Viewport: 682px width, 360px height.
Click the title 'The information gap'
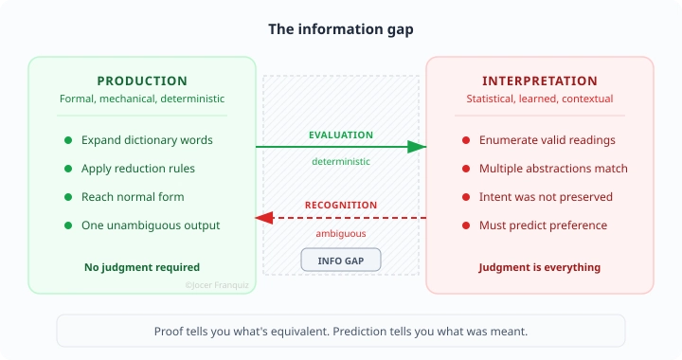click(340, 29)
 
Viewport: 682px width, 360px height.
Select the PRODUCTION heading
click(142, 81)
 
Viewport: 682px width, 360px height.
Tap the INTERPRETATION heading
click(540, 81)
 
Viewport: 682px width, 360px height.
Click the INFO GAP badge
click(340, 260)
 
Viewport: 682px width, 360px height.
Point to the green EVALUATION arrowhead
click(417, 147)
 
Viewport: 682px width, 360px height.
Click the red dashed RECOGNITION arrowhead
click(265, 218)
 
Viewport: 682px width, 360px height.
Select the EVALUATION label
click(341, 135)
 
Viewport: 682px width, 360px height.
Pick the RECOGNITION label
click(341, 206)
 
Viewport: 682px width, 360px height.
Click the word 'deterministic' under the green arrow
click(341, 161)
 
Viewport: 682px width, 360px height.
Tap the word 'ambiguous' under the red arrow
click(341, 233)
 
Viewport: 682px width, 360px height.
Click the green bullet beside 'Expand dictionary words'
click(68, 140)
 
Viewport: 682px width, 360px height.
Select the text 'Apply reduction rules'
click(138, 169)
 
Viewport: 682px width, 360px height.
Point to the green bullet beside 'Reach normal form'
click(68, 197)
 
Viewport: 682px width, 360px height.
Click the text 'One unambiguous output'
click(151, 225)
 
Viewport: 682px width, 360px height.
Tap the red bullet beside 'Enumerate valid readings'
click(465, 140)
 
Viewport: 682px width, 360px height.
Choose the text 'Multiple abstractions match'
click(553, 169)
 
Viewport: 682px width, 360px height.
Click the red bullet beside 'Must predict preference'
click(465, 225)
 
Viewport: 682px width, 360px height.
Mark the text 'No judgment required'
click(142, 267)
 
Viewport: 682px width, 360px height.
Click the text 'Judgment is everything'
click(540, 267)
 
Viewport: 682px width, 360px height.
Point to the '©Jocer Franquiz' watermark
click(219, 283)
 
